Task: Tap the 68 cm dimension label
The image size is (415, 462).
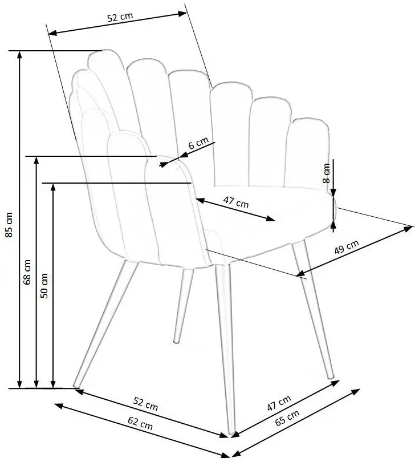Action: (x=27, y=274)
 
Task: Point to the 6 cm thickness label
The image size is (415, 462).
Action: (x=198, y=144)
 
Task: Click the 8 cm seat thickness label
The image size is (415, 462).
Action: (x=326, y=172)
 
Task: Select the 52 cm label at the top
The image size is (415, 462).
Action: (x=120, y=17)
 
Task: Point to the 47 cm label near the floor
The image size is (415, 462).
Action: (x=279, y=403)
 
